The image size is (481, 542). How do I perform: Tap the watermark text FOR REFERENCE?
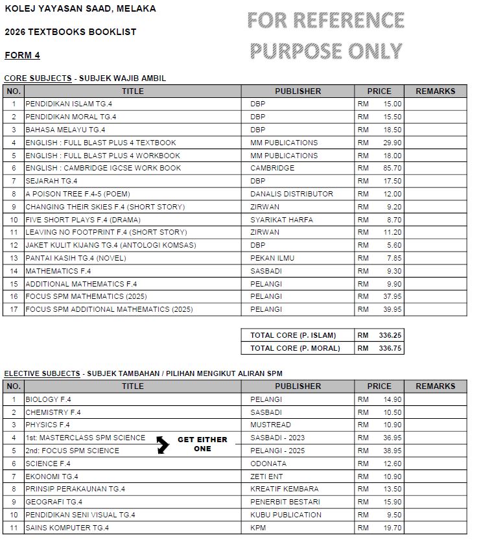pos(325,21)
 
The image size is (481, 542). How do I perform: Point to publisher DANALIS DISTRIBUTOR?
pos(292,194)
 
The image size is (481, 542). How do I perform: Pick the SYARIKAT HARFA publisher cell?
pos(281,219)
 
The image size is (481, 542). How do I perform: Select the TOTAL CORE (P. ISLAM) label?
pos(293,335)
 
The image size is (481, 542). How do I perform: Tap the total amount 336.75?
pos(390,348)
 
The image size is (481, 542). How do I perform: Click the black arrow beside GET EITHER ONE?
pos(163,444)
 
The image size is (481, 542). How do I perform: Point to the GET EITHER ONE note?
pos(202,444)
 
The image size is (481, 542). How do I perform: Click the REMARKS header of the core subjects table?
pos(435,91)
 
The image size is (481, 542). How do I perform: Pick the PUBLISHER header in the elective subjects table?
pos(298,386)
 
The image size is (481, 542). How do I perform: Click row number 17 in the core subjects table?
pos(14,309)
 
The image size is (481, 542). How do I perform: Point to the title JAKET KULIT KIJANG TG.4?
pos(110,245)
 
